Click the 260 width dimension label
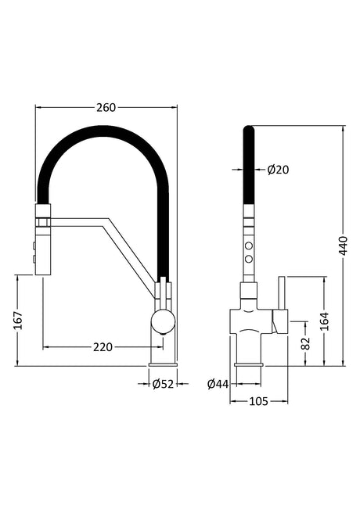pos(106,107)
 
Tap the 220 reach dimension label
pos(103,347)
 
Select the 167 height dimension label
pos(19,320)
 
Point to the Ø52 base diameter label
pos(163,384)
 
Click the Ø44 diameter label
pos(218,384)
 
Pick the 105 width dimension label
pos(258,402)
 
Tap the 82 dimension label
pos(306,343)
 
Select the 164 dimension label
pos(324,321)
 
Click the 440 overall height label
pos(343,246)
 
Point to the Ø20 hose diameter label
pos(278,170)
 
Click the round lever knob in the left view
pos(164,321)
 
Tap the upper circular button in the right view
pos(249,245)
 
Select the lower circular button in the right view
pos(249,258)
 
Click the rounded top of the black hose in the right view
pos(249,128)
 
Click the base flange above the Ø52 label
pos(163,364)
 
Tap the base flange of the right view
pos(249,364)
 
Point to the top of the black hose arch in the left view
pos(103,131)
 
